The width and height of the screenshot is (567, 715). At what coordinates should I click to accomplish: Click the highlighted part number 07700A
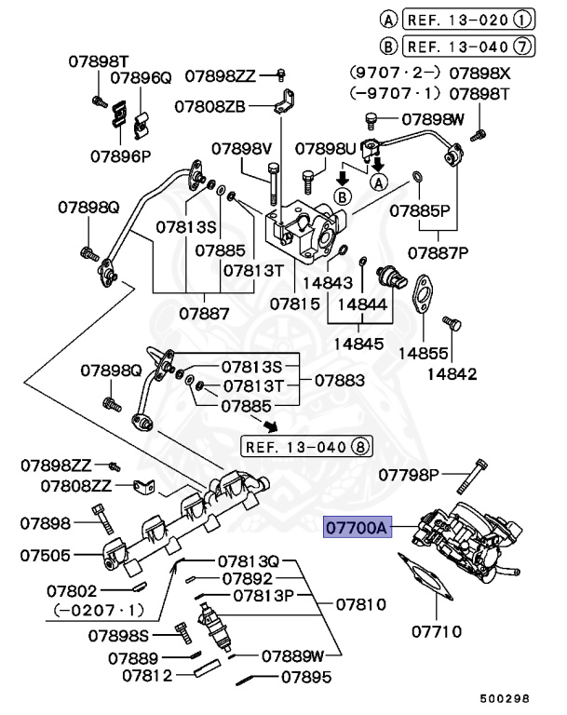point(356,528)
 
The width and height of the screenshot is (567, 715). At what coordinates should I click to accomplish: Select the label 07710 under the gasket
point(436,632)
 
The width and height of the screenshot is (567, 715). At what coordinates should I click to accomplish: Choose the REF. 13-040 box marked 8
point(307,446)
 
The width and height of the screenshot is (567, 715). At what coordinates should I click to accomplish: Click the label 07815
point(295,304)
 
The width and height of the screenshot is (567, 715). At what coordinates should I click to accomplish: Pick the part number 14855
point(425,353)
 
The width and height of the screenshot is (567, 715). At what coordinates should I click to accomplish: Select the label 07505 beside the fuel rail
point(45,556)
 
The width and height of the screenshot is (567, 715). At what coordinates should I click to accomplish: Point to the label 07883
point(338,380)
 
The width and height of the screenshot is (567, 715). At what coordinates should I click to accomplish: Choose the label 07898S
point(118,636)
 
